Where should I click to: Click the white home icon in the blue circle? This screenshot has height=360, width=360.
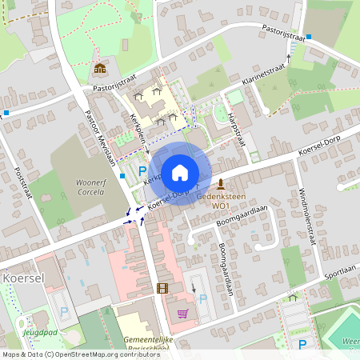tap(180, 172)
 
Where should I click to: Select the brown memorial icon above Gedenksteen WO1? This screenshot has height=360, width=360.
tap(220, 184)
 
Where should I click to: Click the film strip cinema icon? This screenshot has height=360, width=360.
tap(162, 288)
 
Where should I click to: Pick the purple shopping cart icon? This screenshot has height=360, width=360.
tap(182, 313)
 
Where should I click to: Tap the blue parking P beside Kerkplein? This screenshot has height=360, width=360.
tap(142, 170)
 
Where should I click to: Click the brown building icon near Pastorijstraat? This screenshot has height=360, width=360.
tap(99, 70)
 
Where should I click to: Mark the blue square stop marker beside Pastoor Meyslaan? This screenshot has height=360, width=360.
tap(122, 175)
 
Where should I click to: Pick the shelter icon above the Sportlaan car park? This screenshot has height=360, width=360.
tap(293, 298)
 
